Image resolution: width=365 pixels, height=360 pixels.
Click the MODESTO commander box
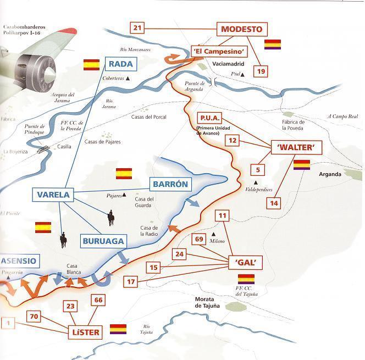241,29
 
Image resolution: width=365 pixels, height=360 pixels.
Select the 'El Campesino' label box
219,51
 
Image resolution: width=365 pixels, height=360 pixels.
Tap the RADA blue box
120,64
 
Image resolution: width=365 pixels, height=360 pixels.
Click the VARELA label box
53,195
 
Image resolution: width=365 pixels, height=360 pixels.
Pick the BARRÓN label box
170,184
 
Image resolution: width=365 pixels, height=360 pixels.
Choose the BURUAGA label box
103,241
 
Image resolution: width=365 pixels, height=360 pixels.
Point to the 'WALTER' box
296,147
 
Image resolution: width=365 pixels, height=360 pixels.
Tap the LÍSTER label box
86,332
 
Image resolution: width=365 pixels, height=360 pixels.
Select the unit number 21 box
137,28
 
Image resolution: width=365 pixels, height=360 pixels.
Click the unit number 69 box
200,239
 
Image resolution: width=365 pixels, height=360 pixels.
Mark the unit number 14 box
274,203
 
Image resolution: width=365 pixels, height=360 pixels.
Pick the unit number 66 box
98,300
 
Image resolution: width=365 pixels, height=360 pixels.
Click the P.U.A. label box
210,119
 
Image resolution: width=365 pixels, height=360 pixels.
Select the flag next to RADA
91,65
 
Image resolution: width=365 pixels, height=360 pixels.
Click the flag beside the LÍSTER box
118,329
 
